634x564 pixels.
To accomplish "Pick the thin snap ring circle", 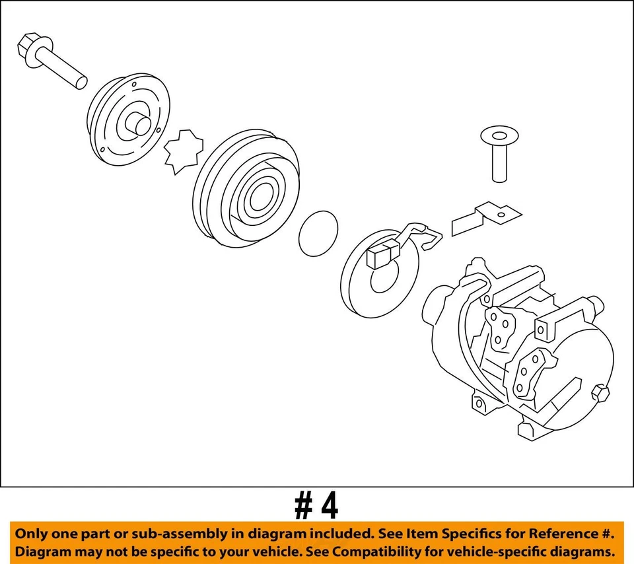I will coord(318,232).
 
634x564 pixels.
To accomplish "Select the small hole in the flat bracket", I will coord(503,213).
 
